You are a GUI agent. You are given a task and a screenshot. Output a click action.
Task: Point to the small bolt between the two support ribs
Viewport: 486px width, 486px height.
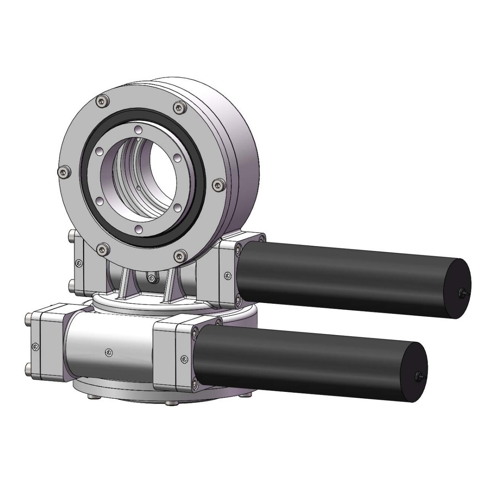[x=151, y=278]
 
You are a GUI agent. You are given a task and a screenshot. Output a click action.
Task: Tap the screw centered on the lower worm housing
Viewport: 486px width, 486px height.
[x=109, y=351]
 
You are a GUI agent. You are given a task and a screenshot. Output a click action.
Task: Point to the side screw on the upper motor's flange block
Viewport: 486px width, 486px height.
[x=227, y=274]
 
